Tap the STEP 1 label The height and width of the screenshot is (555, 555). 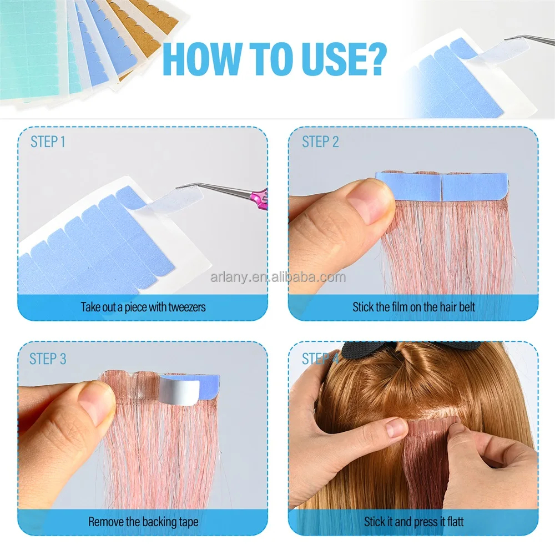coord(48,142)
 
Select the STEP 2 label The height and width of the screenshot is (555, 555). coord(320,142)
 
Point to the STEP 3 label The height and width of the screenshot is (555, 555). coord(48,359)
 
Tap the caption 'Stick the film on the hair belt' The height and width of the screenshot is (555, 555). coord(413,306)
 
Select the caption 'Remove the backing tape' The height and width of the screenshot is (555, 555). coord(143,522)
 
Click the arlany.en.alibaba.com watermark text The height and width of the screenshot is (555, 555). coord(277,277)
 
